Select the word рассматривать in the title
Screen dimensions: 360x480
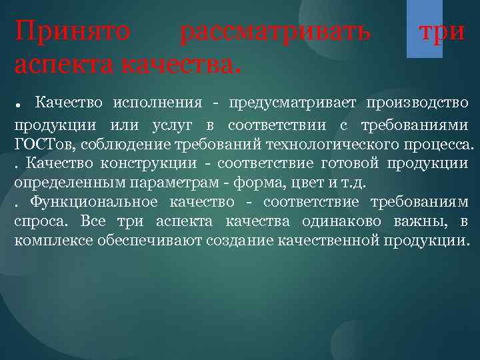tap(275, 32)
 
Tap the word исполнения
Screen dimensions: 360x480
tap(157, 103)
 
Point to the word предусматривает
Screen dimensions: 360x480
tap(291, 103)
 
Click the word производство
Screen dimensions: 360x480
tap(417, 103)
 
